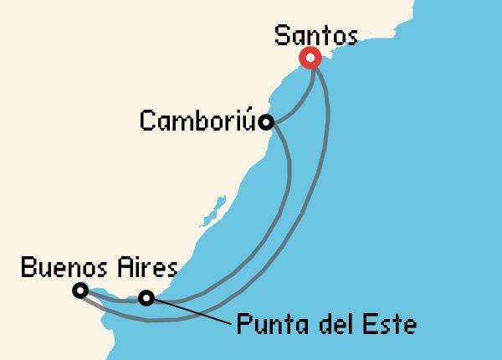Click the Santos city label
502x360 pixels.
316,37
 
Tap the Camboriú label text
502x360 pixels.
198,121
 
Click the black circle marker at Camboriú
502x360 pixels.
266,122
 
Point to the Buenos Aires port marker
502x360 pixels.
79,291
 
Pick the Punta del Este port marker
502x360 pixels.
147,297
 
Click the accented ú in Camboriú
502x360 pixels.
250,121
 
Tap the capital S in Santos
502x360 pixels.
284,37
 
